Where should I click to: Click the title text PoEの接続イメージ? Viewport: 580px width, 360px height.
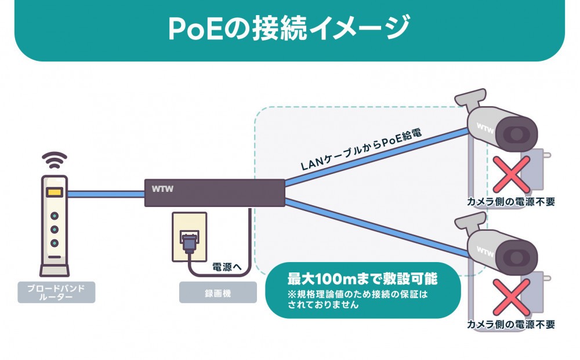tap(289, 28)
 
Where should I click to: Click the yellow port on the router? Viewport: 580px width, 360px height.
tap(55, 193)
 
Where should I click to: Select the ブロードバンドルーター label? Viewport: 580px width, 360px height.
tap(56, 292)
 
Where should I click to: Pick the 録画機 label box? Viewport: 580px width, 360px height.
tap(217, 293)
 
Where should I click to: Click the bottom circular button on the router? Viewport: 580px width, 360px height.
tap(55, 243)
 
